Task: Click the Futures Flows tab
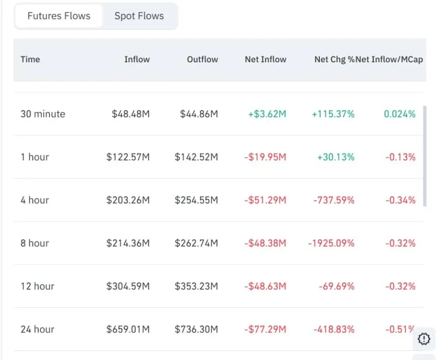pyautogui.click(x=59, y=16)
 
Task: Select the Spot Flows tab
pyautogui.click(x=139, y=16)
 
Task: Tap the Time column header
pyautogui.click(x=30, y=60)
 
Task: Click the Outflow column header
pyautogui.click(x=202, y=60)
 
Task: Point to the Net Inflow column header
pyautogui.click(x=265, y=60)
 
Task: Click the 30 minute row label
pyautogui.click(x=43, y=114)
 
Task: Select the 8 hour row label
pyautogui.click(x=35, y=243)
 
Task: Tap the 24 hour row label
pyautogui.click(x=38, y=329)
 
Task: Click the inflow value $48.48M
pyautogui.click(x=131, y=114)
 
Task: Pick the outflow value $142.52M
pyautogui.click(x=196, y=157)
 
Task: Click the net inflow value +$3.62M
pyautogui.click(x=267, y=114)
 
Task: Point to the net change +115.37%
pyautogui.click(x=333, y=114)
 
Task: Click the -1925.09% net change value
pyautogui.click(x=331, y=243)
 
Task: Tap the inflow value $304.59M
pyautogui.click(x=128, y=286)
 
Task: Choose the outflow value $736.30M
pyautogui.click(x=196, y=329)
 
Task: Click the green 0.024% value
pyautogui.click(x=400, y=114)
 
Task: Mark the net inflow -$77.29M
pyautogui.click(x=265, y=329)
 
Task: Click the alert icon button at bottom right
pyautogui.click(x=424, y=339)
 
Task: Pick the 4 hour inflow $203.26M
pyautogui.click(x=128, y=200)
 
